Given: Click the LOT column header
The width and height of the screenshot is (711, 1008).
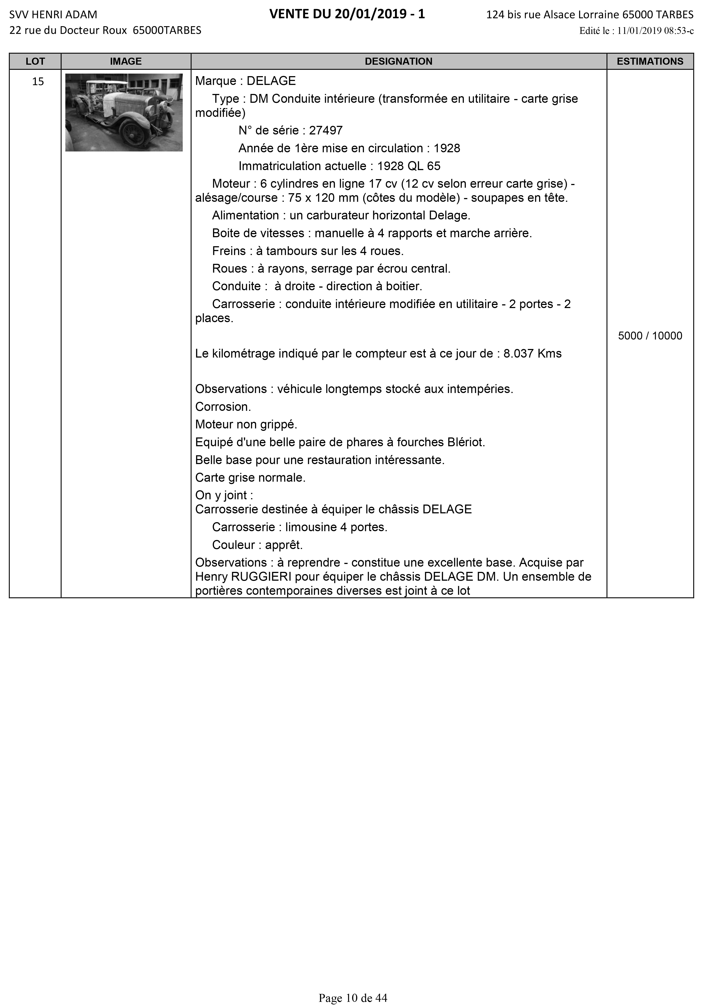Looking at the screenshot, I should click(x=35, y=61).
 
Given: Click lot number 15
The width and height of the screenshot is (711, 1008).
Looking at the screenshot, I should click(x=38, y=82).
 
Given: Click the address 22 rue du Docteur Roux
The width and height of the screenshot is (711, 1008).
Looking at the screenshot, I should click(x=68, y=30).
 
